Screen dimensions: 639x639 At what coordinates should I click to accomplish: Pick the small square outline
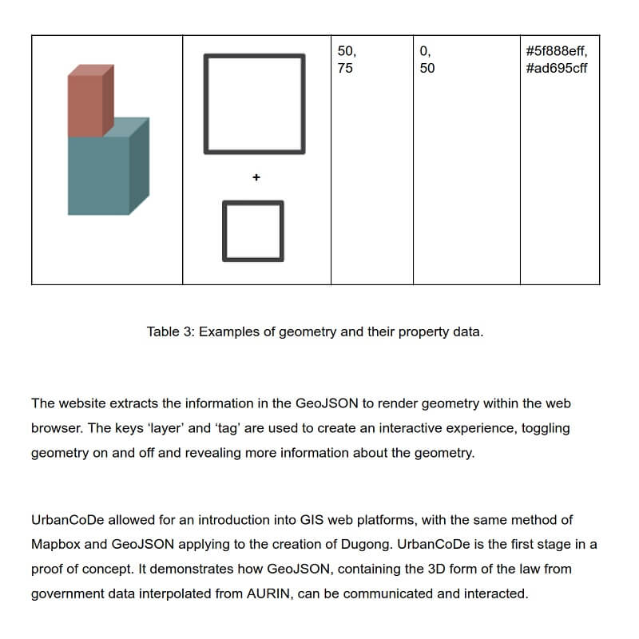(x=252, y=230)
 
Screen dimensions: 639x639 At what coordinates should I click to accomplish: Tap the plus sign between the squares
(x=256, y=177)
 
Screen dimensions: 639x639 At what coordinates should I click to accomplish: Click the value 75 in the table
(x=345, y=68)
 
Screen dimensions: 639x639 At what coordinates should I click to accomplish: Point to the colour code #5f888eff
(x=557, y=51)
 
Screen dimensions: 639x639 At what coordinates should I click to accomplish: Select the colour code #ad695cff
(x=557, y=68)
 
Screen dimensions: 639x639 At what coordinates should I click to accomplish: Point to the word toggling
(x=546, y=428)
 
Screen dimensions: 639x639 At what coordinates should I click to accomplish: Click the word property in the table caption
(x=395, y=331)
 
